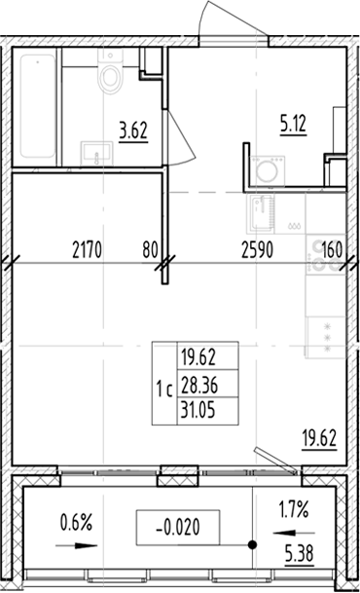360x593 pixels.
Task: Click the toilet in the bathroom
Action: click(x=110, y=76)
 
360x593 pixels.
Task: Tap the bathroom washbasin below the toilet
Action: click(x=95, y=152)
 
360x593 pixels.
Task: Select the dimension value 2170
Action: click(x=90, y=248)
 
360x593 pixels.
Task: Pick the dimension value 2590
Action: click(x=258, y=248)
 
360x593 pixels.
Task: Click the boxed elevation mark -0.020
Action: click(x=178, y=529)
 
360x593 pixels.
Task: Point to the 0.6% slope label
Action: click(x=76, y=523)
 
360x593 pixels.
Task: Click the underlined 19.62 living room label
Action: click(x=319, y=436)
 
